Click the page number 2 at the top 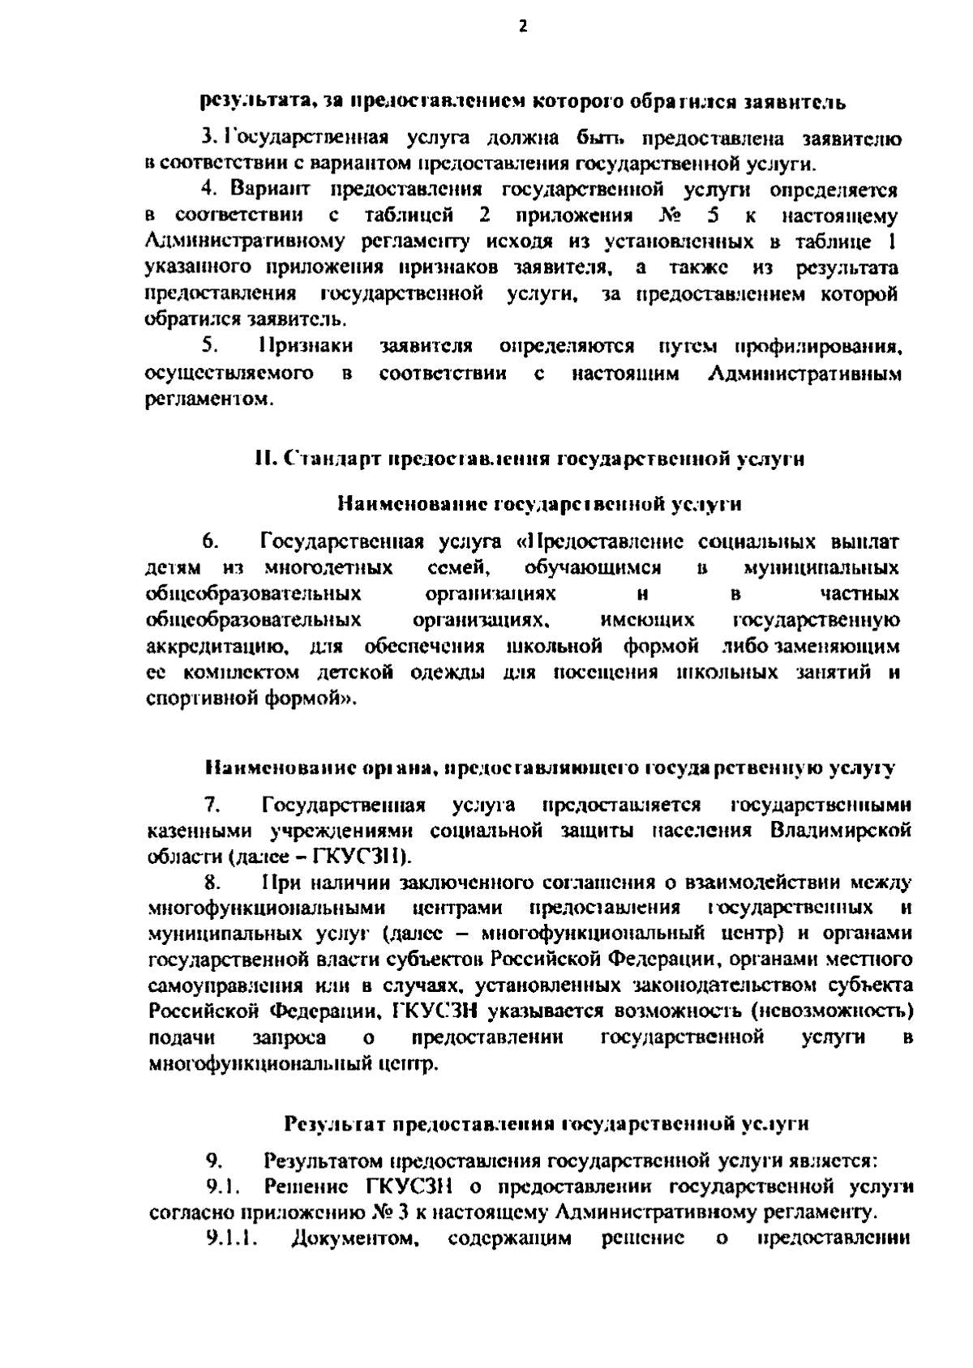pyautogui.click(x=522, y=27)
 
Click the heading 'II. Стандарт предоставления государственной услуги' pyautogui.click(x=529, y=459)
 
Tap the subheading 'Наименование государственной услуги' pyautogui.click(x=539, y=504)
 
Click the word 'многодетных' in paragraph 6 pyautogui.click(x=328, y=567)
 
